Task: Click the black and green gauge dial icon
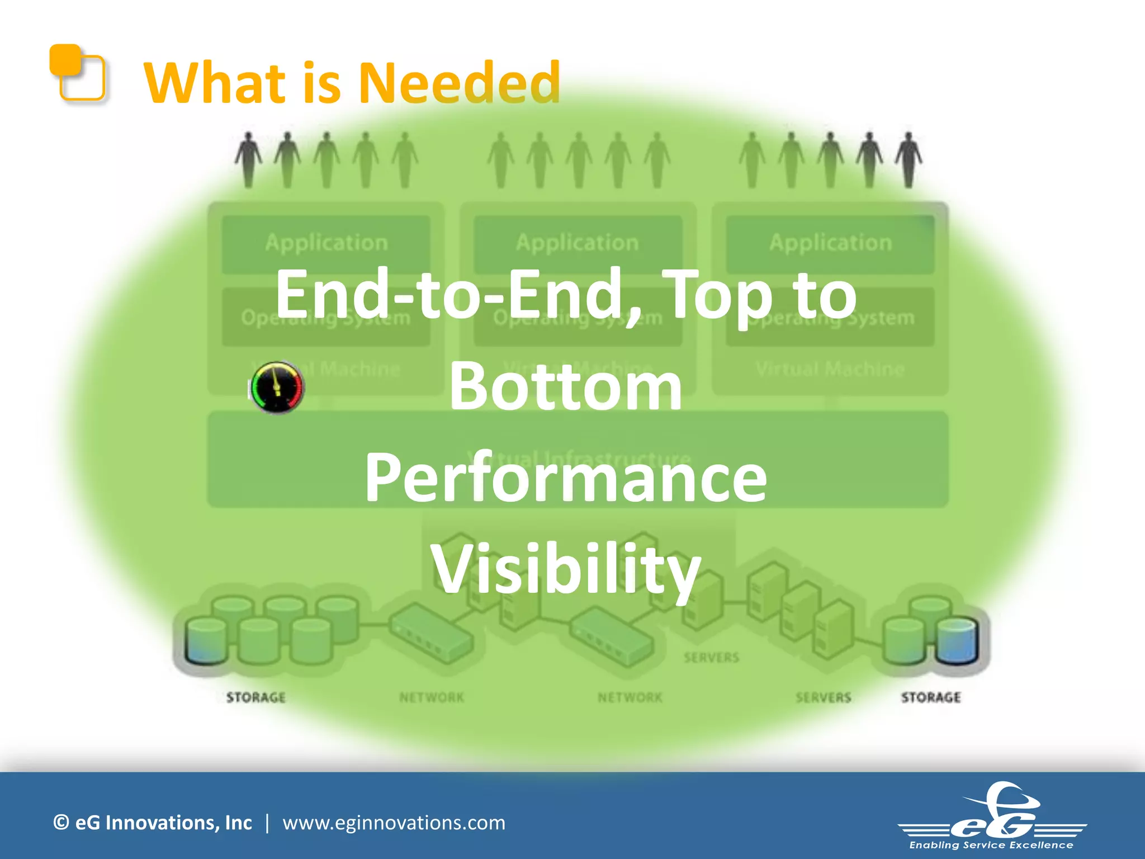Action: [277, 387]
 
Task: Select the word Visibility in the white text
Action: [566, 569]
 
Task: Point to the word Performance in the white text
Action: [566, 479]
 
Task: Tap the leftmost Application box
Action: [326, 244]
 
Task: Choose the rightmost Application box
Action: [830, 244]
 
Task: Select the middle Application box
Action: [578, 244]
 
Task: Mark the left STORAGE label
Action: [256, 697]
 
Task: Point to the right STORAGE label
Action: [931, 697]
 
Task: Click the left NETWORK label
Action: [432, 697]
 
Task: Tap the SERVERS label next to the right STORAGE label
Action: [824, 697]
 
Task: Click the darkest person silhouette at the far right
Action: [909, 159]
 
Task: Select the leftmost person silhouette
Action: [248, 159]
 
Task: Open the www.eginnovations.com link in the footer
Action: [394, 823]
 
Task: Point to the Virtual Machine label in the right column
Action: [830, 369]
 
